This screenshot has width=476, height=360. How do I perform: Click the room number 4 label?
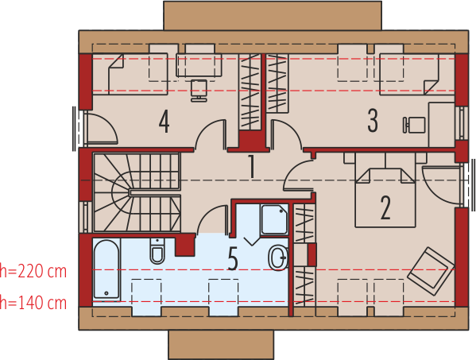click(x=164, y=122)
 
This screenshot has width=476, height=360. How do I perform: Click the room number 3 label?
click(x=373, y=121)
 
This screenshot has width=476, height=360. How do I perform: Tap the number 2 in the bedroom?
click(x=385, y=207)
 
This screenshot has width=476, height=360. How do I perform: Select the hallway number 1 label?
click(x=250, y=168)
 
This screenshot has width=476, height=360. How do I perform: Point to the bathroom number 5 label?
click(x=233, y=259)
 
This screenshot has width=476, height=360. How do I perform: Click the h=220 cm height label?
click(x=33, y=271)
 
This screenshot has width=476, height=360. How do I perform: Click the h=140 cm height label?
click(x=33, y=302)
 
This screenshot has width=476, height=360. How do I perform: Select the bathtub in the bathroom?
click(x=106, y=271)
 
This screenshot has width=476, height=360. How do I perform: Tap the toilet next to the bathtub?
click(x=157, y=253)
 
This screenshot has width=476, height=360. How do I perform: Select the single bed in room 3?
click(x=410, y=73)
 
